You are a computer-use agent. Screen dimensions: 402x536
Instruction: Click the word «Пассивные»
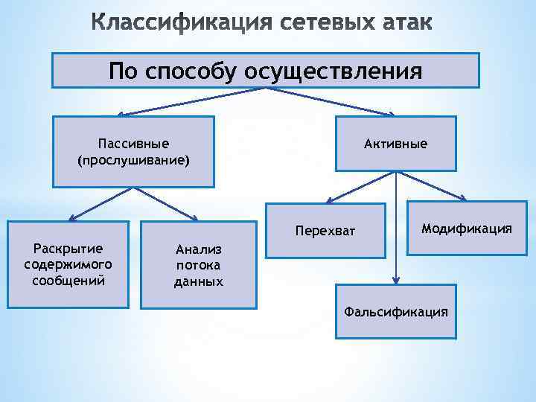click(x=133, y=143)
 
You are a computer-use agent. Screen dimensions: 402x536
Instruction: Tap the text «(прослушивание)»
click(x=133, y=159)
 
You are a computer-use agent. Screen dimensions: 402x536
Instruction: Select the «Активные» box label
click(x=395, y=143)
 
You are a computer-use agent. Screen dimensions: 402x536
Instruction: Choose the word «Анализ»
click(x=198, y=250)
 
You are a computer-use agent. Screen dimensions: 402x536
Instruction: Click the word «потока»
click(x=198, y=266)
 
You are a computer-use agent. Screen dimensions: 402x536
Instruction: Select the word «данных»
click(x=198, y=281)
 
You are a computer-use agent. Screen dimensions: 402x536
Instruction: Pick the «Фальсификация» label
click(x=395, y=311)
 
